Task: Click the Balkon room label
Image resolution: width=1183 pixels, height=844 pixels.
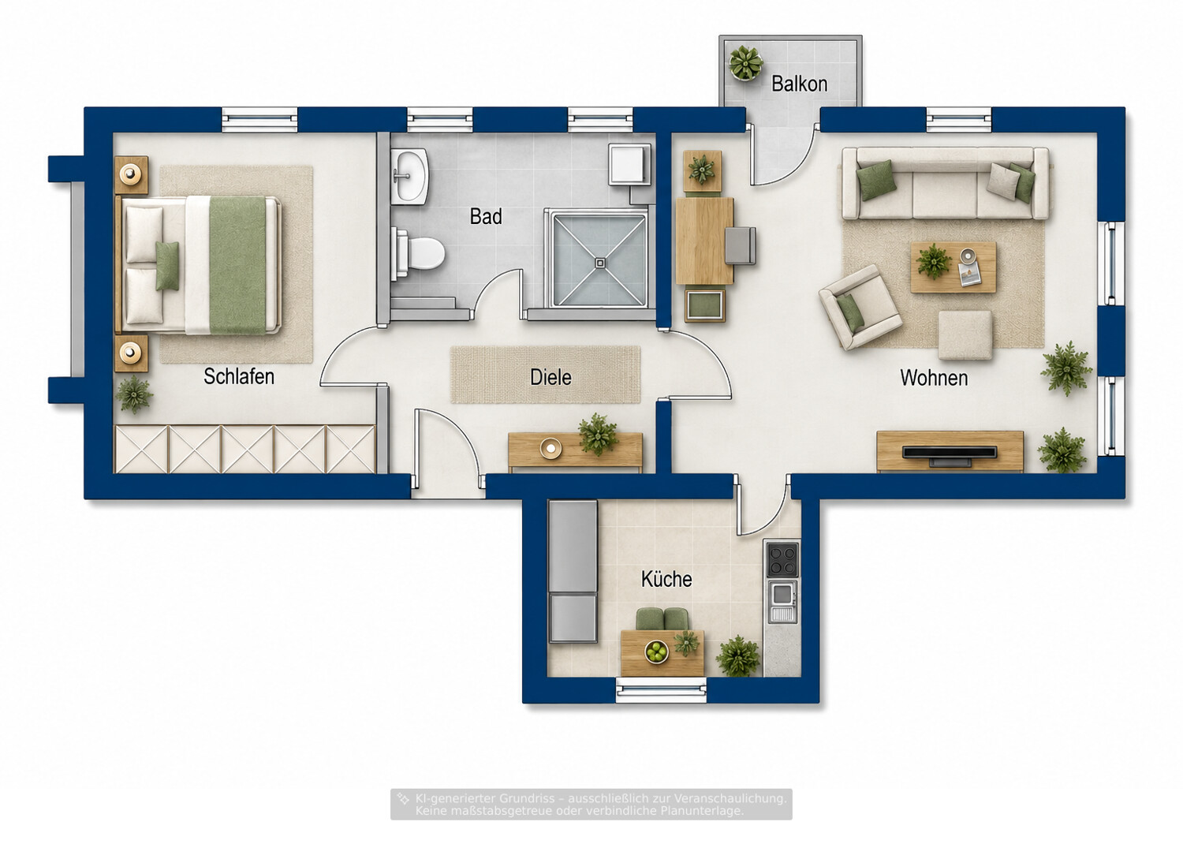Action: (799, 84)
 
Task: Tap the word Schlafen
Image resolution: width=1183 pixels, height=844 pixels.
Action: (239, 376)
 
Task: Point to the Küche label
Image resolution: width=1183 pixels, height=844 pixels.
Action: (666, 579)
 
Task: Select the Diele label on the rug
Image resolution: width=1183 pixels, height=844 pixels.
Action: (550, 377)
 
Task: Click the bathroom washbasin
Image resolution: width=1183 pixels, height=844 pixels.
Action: (409, 175)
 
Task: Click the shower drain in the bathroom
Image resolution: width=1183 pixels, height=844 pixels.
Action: (600, 263)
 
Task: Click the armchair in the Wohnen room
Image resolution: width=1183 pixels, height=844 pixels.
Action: (860, 308)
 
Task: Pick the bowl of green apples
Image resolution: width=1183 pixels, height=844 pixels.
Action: (656, 652)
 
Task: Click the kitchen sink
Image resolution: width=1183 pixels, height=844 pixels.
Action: (782, 600)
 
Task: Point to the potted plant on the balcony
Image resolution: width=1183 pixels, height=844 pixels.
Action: (746, 63)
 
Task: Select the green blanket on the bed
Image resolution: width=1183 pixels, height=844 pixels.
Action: (237, 264)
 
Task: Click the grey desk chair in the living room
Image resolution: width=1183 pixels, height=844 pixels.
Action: (740, 245)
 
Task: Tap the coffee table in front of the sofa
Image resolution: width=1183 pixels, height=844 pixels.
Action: (953, 267)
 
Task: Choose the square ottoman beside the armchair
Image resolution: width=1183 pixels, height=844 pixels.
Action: (965, 335)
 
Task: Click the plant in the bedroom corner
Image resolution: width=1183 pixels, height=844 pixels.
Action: (133, 394)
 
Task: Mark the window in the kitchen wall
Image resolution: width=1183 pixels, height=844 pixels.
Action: (661, 689)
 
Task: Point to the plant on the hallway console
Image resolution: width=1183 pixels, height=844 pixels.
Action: (597, 434)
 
